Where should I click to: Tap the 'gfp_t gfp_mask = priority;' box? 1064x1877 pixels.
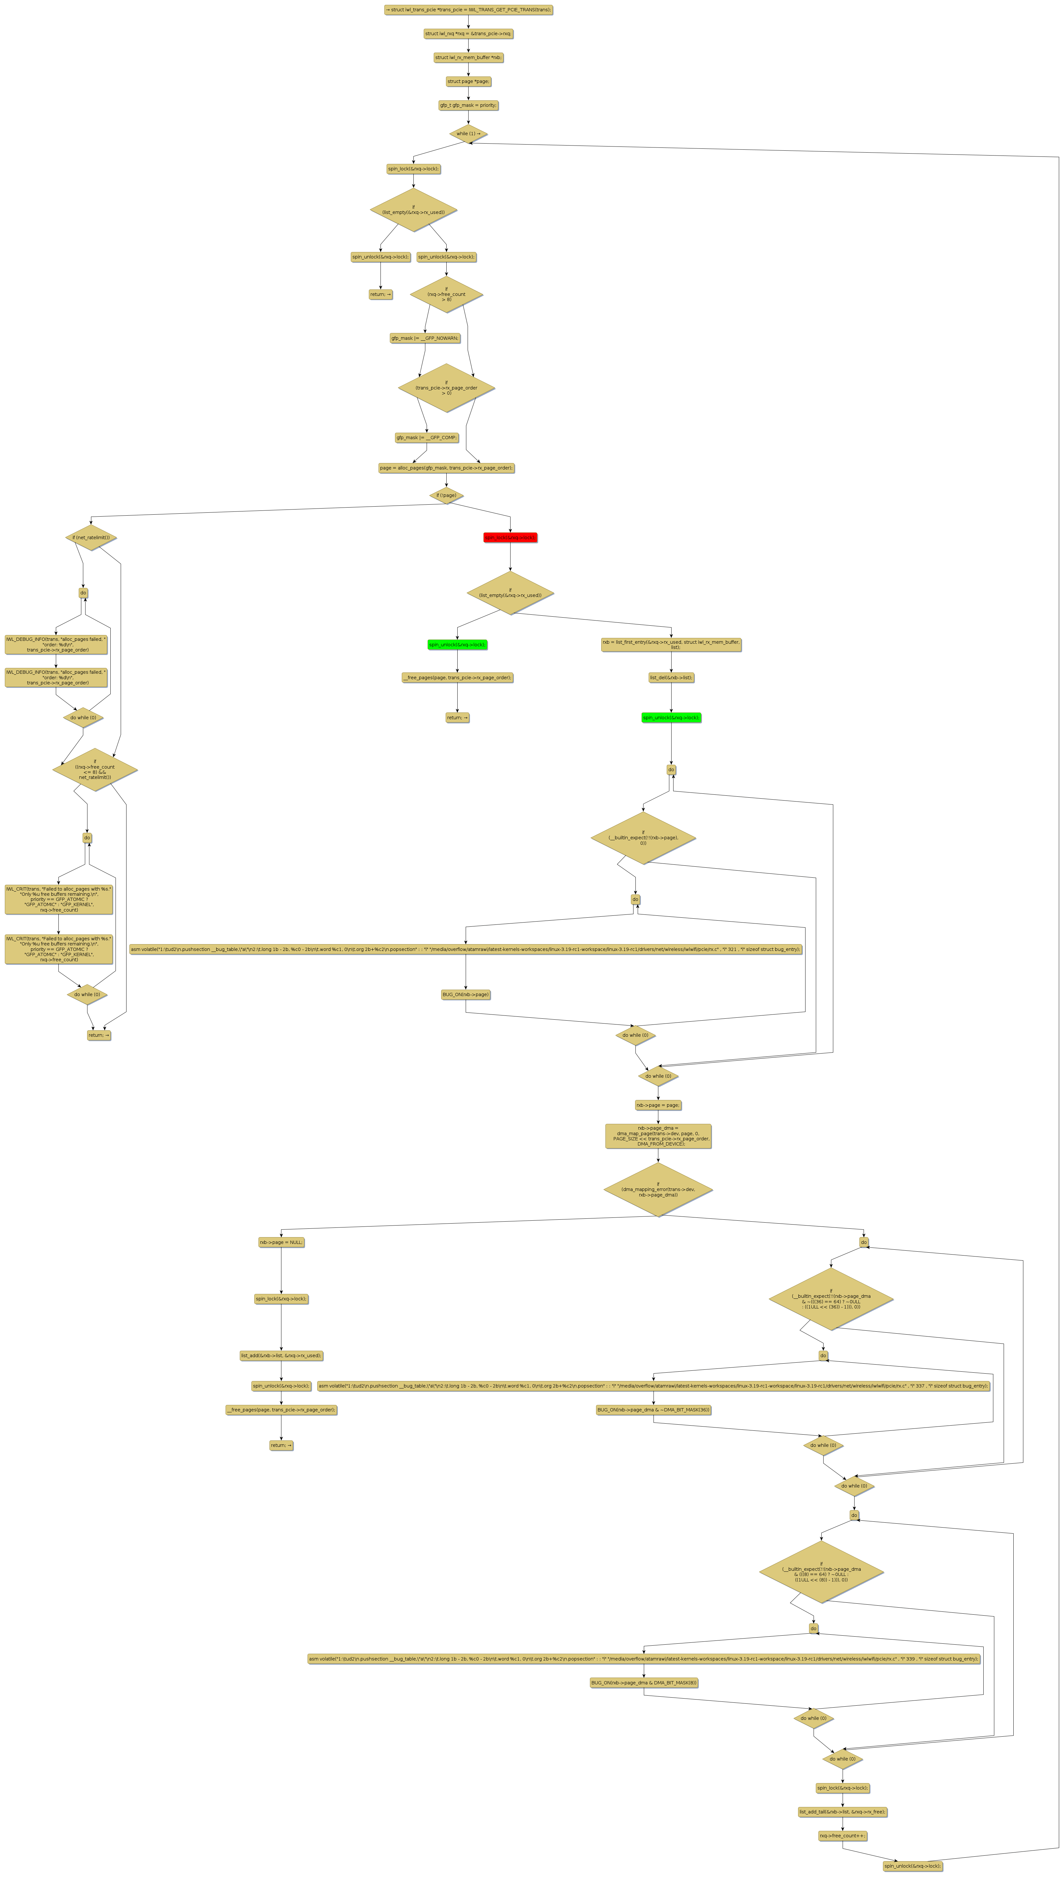(468, 105)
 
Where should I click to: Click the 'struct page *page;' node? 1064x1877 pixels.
(468, 81)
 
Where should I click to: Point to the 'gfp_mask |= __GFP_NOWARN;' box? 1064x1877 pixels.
(425, 338)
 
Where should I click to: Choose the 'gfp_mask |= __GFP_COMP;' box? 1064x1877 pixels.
(427, 438)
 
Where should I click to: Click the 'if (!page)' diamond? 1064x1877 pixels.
(447, 495)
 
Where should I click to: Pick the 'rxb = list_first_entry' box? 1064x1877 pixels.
(671, 644)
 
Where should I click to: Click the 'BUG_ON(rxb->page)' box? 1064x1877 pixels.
(465, 994)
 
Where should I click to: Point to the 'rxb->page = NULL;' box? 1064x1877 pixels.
(281, 1242)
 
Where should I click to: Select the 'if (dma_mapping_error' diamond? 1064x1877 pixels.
(658, 1189)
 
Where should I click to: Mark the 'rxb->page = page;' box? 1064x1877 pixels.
(658, 1105)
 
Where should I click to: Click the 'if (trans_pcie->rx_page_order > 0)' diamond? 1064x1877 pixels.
(447, 388)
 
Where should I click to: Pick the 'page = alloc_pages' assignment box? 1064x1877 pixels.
(447, 468)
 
